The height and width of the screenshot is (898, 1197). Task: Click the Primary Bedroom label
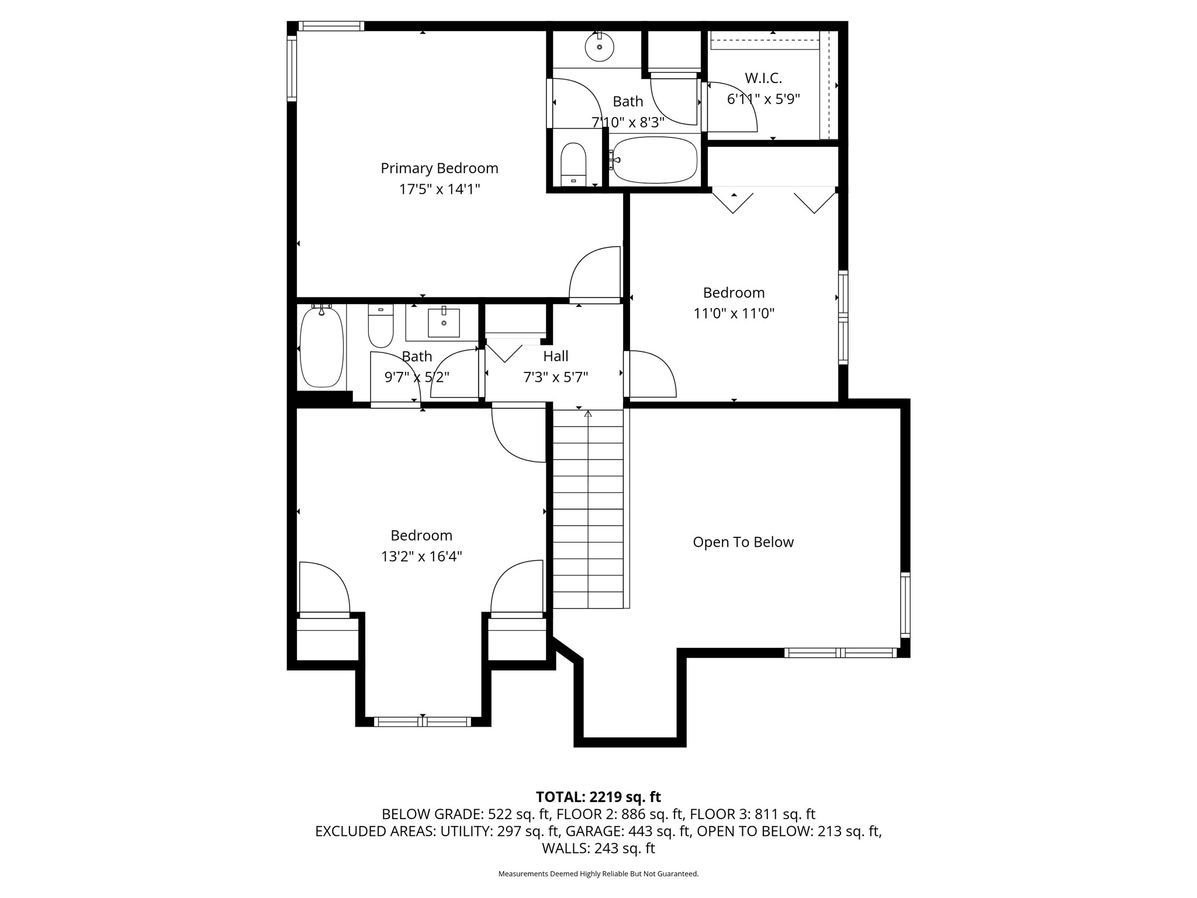[440, 168]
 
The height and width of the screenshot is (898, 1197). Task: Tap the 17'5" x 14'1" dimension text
[440, 189]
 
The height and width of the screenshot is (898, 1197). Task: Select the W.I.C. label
[763, 78]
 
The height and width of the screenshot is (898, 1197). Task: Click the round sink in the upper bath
[600, 47]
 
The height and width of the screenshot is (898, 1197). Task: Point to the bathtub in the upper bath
[655, 160]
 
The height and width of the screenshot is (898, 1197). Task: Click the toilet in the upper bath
[573, 164]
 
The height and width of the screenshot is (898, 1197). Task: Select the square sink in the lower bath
[444, 323]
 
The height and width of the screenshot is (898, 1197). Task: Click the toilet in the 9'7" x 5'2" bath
[380, 326]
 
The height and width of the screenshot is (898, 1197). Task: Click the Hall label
[556, 356]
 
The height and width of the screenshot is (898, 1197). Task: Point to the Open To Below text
[743, 542]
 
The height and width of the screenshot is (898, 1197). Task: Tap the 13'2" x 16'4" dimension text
[421, 556]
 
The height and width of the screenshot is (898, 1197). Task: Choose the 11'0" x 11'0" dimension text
[734, 313]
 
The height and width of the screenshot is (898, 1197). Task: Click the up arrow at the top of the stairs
[588, 414]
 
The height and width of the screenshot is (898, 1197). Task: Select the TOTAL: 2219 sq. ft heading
[598, 797]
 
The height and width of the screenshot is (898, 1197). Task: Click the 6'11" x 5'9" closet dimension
[763, 99]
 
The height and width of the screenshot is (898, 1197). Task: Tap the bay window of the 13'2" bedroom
[423, 721]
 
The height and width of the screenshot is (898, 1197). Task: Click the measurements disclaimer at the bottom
[598, 873]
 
